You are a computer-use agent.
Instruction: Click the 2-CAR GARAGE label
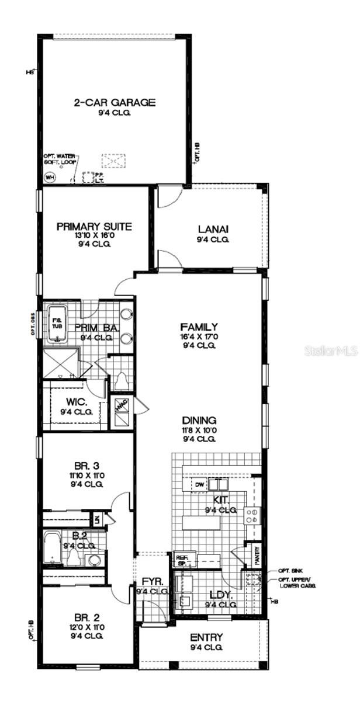[x=115, y=103]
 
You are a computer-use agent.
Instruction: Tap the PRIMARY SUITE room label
[x=94, y=227]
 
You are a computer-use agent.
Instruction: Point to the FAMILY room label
[x=199, y=327]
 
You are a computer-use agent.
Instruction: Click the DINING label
[x=199, y=420]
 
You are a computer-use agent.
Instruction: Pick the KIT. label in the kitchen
[x=221, y=500]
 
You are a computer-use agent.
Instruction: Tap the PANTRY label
[x=255, y=555]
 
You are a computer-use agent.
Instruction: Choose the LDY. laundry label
[x=221, y=595]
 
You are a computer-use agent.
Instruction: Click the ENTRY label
[x=206, y=637]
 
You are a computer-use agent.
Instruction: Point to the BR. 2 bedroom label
[x=85, y=617]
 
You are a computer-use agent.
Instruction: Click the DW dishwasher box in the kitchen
[x=198, y=484]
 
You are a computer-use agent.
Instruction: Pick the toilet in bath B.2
[x=74, y=557]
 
